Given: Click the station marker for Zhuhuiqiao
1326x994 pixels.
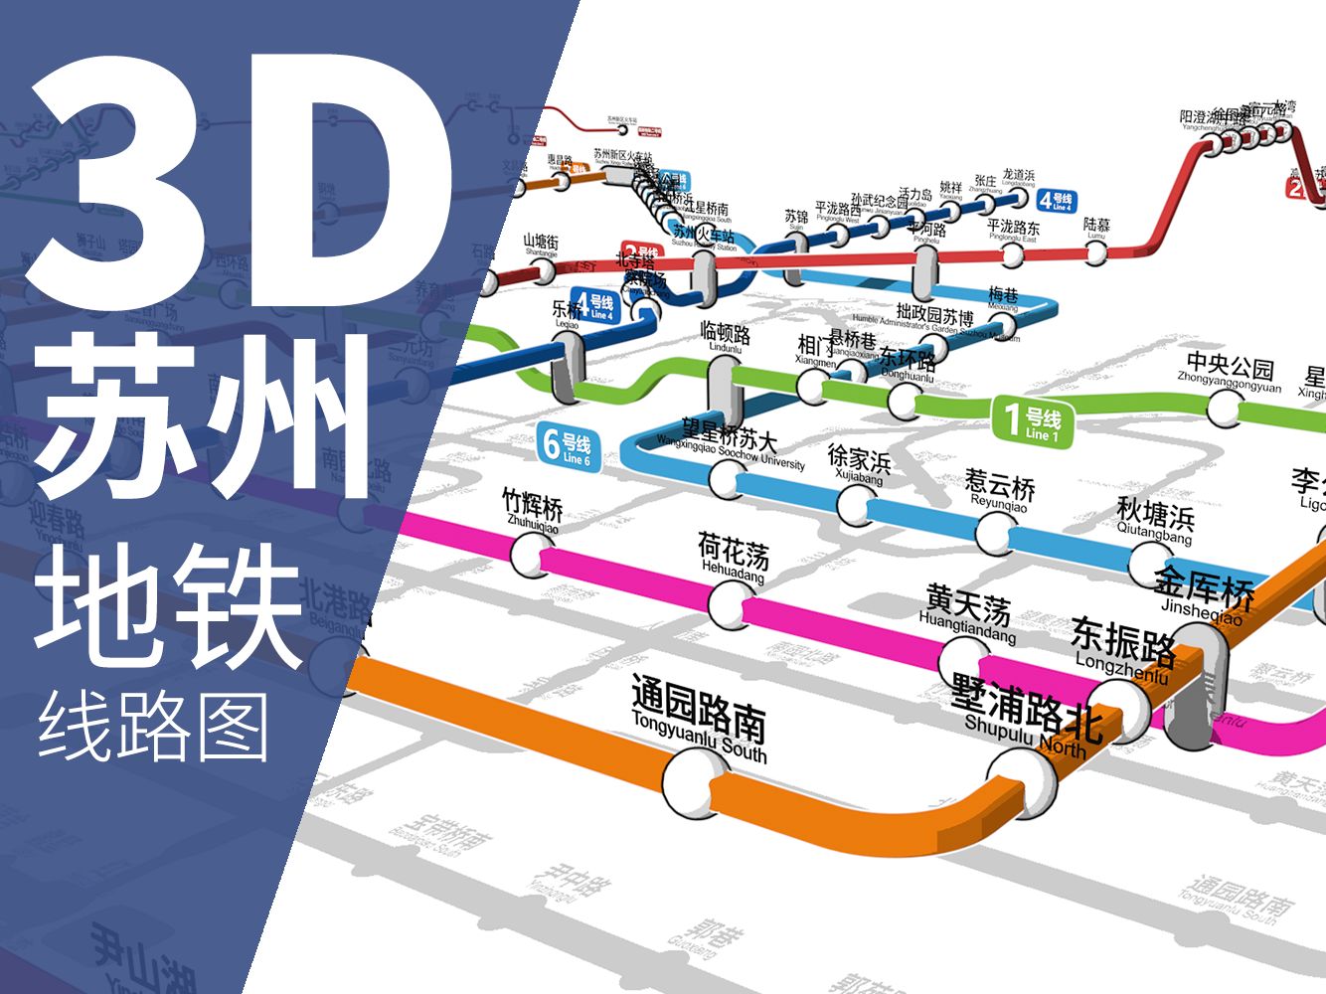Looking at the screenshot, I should (x=531, y=554).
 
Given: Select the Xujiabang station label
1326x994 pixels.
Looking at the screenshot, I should (x=859, y=464).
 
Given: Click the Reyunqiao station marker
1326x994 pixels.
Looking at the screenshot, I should (x=995, y=534).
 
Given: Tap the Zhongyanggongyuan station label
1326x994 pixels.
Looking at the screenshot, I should (x=1230, y=372).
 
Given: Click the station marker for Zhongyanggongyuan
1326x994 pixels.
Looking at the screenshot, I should (x=1226, y=407).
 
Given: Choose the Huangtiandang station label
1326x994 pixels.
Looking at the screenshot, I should (x=967, y=611).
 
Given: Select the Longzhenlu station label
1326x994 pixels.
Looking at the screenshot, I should (x=1122, y=649).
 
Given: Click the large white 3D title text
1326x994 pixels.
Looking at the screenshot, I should (x=239, y=184).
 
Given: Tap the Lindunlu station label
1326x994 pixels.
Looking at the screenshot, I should (x=725, y=336).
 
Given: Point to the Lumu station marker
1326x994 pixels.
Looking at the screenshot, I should (x=1095, y=252).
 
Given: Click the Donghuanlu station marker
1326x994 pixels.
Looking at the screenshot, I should (x=904, y=402).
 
